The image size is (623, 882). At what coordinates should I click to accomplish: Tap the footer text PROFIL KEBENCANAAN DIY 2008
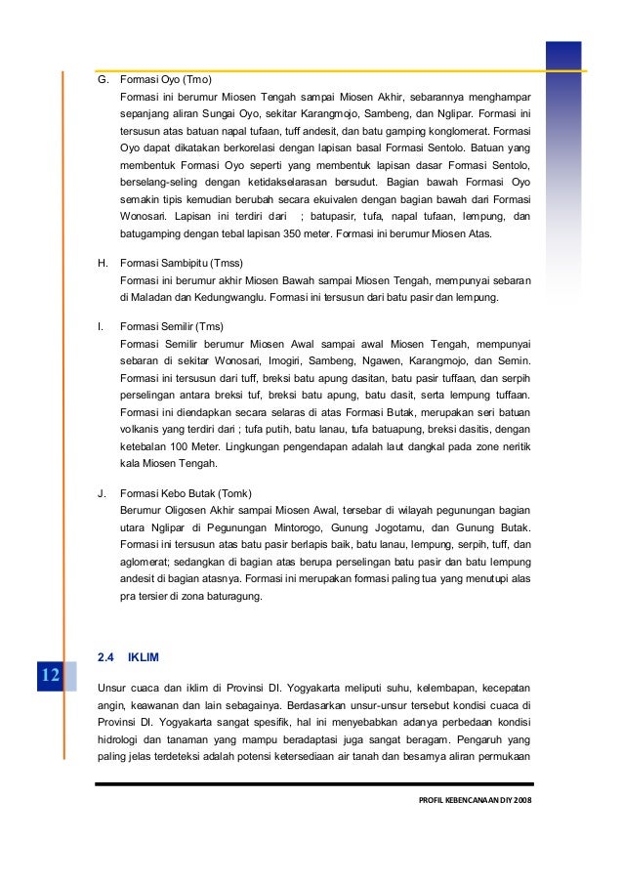pyautogui.click(x=472, y=802)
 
